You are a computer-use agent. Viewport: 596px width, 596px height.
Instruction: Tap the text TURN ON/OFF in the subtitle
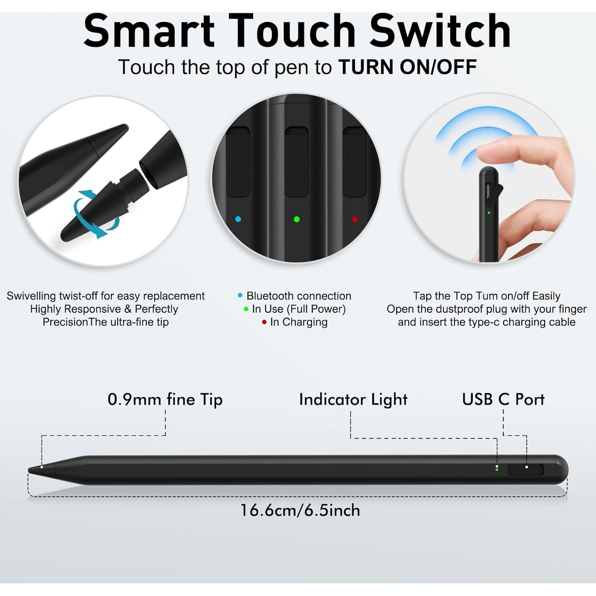(407, 67)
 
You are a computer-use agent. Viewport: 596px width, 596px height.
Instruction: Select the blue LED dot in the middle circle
(238, 219)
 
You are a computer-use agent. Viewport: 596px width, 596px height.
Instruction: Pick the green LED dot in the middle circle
(296, 219)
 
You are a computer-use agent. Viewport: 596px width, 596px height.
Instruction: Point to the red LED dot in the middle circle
(355, 219)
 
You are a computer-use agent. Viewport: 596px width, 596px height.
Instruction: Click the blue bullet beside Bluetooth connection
(240, 296)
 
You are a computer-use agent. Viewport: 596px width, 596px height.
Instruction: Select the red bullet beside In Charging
(264, 322)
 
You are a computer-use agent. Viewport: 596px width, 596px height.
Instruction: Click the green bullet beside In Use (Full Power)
(246, 309)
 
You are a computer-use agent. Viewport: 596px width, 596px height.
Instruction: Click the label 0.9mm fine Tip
(165, 399)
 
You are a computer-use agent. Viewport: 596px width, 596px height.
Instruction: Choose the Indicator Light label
(353, 399)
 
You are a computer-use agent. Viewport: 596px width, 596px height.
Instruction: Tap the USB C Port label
(503, 399)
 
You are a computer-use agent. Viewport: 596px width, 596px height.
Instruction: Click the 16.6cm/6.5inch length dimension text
(300, 510)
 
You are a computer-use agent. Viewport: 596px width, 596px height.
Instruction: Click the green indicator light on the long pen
(497, 470)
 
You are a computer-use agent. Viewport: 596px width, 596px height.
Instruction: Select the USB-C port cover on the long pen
(525, 470)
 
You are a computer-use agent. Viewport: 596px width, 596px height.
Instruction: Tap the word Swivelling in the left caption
(31, 296)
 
